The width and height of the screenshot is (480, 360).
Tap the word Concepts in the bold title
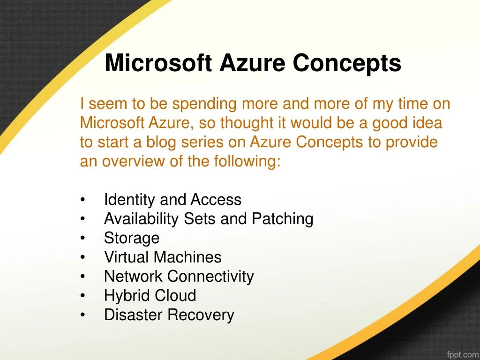347,63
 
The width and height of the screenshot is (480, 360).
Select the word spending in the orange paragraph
204,104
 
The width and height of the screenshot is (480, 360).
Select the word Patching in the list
282,219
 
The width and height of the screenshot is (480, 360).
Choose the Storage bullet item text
132,239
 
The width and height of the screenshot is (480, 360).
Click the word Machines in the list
187,257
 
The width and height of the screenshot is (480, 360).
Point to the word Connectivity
210,277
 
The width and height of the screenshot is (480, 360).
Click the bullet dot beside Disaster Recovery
82,315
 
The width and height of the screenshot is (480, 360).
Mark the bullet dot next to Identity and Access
82,200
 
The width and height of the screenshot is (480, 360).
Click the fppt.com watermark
463,354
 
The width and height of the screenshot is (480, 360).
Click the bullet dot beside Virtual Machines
82,257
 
